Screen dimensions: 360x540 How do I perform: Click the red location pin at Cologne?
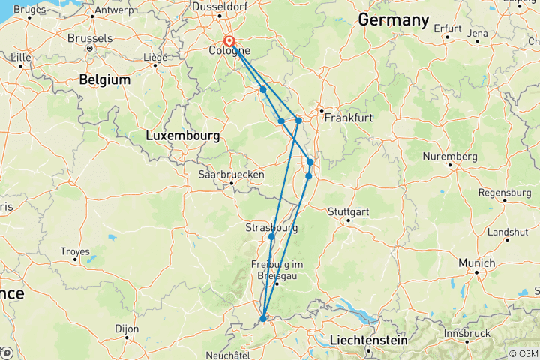click(229, 43)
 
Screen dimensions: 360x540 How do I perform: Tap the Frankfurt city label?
click(345, 118)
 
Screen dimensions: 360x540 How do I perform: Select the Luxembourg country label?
click(182, 136)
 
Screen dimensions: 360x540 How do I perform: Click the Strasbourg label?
click(271, 227)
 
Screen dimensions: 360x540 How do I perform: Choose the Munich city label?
click(477, 263)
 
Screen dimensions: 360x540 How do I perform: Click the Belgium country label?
click(105, 79)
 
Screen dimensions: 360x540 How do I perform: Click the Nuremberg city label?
click(450, 157)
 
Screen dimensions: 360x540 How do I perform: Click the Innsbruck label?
click(467, 332)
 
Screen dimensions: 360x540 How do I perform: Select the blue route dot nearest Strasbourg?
click(271, 237)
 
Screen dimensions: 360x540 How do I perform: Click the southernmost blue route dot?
click(263, 319)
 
